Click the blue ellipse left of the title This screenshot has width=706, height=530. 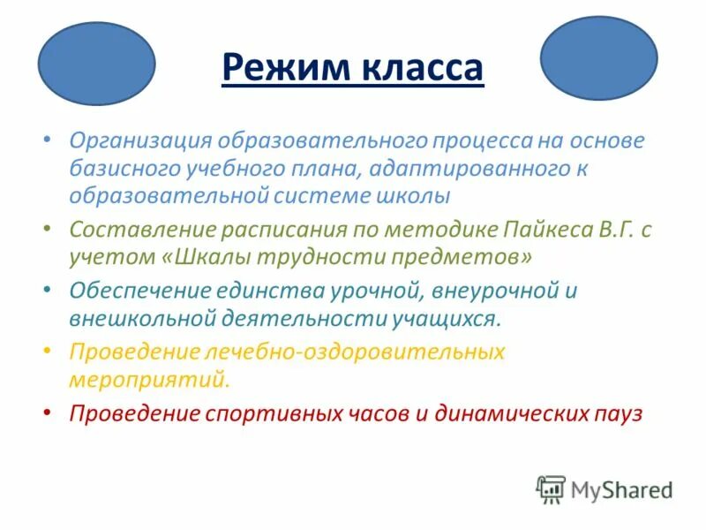tap(97, 64)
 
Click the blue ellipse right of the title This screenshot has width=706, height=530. tap(598, 57)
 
